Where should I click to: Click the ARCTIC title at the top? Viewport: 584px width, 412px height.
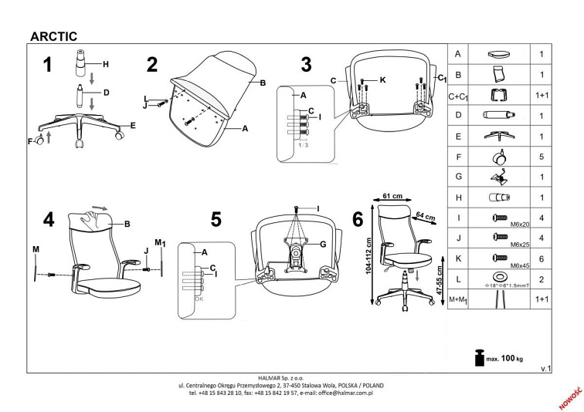point(52,34)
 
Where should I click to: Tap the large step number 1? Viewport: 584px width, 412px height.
point(48,66)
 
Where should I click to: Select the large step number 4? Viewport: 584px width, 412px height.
point(49,220)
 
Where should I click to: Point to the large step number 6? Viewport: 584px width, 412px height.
point(358,220)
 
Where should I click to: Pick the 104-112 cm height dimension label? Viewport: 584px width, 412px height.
point(369,256)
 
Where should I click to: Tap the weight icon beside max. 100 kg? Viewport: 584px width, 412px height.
point(477,356)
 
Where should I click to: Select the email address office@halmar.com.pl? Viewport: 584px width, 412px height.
point(339,392)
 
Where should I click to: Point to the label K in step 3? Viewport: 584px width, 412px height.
point(382,79)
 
